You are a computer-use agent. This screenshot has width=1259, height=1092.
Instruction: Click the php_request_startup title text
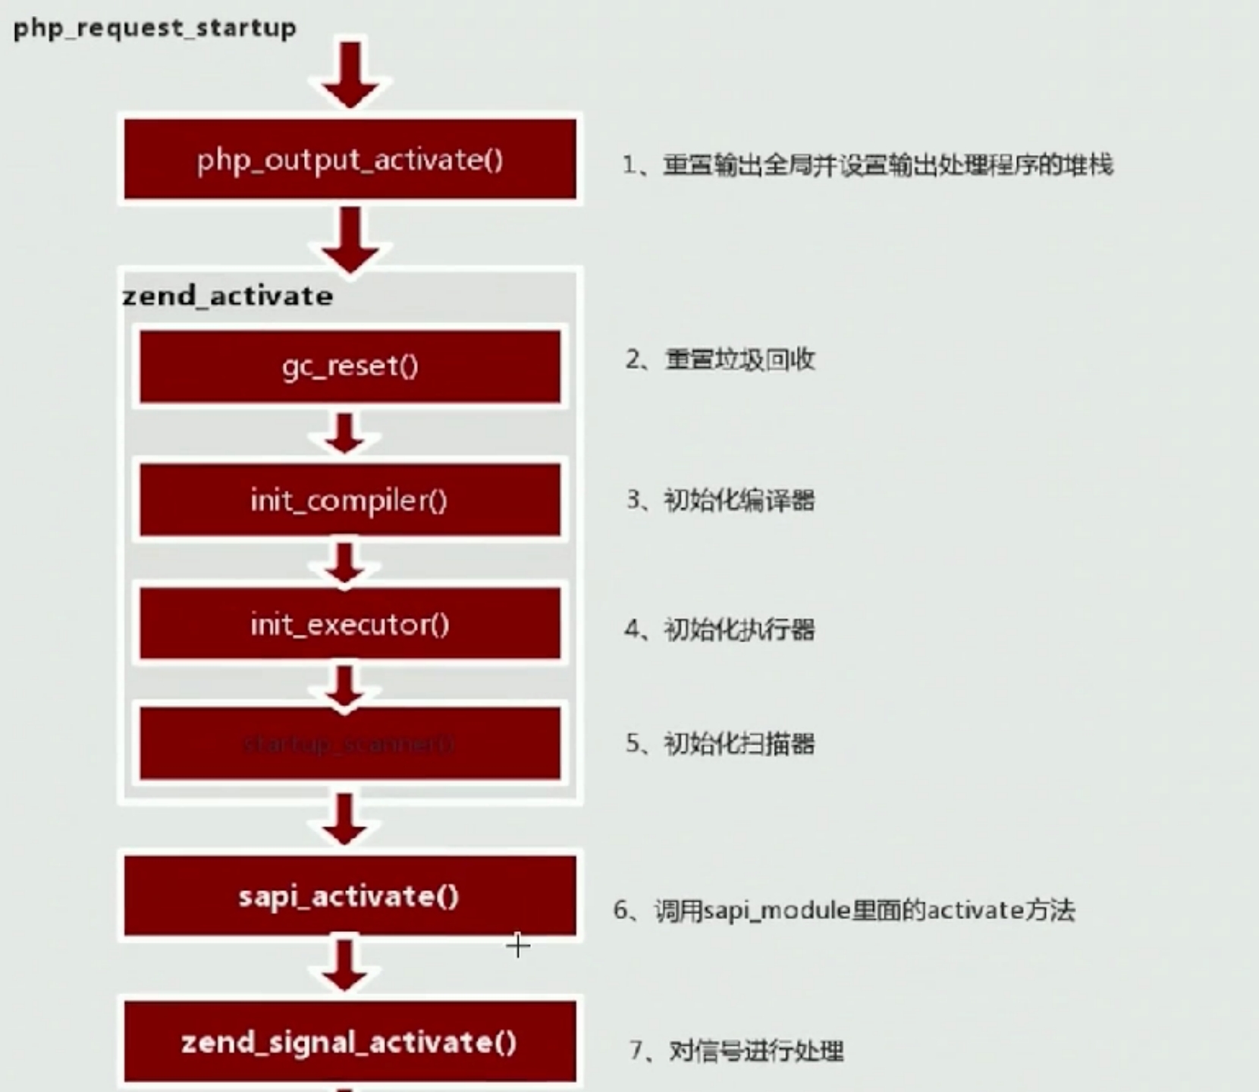pos(155,28)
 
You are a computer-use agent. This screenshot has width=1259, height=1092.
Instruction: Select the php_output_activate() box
pos(350,159)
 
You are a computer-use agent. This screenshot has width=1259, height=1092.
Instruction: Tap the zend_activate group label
pos(228,296)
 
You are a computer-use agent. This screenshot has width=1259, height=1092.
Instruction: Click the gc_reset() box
pos(350,366)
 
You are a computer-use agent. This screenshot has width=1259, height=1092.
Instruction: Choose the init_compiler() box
pos(350,500)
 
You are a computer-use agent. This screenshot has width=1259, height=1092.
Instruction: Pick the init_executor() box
pos(350,624)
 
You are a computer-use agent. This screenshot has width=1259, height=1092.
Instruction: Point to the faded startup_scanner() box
pos(350,744)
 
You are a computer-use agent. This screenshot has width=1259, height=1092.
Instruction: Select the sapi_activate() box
pos(350,896)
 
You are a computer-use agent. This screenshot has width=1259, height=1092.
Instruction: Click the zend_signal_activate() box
pos(350,1042)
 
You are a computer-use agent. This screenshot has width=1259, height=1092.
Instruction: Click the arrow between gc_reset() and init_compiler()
pos(345,434)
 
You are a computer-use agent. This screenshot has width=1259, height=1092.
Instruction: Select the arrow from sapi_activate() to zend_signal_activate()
pos(345,965)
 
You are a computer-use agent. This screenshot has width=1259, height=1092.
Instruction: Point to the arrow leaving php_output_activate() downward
pos(350,238)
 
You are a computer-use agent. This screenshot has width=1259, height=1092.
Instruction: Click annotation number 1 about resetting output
pos(868,165)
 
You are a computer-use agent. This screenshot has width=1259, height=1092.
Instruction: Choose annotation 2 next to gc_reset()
pos(720,359)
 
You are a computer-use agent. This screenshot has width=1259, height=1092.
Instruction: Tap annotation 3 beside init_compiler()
pos(720,500)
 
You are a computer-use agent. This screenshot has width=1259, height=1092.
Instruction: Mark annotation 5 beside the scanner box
pos(720,744)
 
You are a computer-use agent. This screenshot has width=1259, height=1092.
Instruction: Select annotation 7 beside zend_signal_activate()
pos(736,1051)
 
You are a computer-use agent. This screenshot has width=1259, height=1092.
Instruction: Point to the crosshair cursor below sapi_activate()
pos(518,946)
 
